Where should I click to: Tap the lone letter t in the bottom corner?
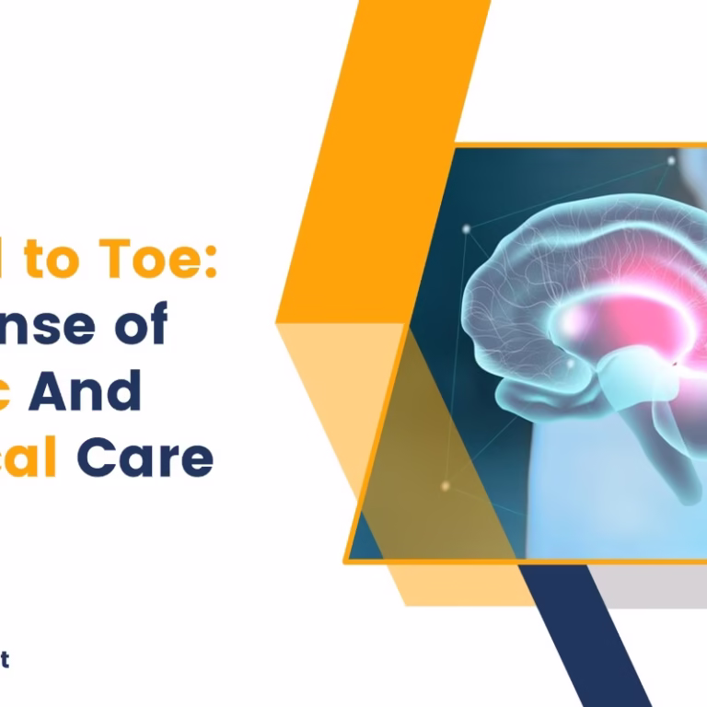5,659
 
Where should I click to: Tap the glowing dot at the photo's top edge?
671,161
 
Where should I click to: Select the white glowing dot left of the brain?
467,228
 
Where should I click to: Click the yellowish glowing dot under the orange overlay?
446,485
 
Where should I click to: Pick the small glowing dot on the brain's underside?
570,365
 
